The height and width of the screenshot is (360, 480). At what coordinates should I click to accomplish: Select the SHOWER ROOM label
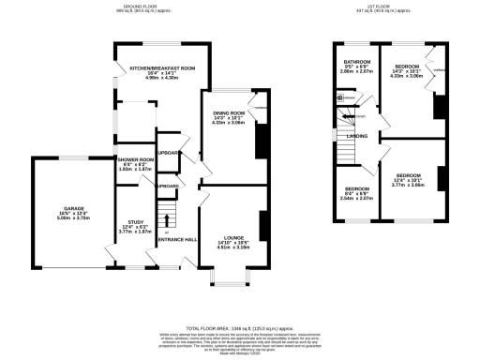134,160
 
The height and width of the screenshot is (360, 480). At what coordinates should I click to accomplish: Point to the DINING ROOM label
230,112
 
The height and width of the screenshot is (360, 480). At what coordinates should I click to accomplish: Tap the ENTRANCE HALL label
176,240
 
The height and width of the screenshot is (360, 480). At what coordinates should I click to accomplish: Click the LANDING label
358,136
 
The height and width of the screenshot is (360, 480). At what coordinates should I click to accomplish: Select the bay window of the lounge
225,277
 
